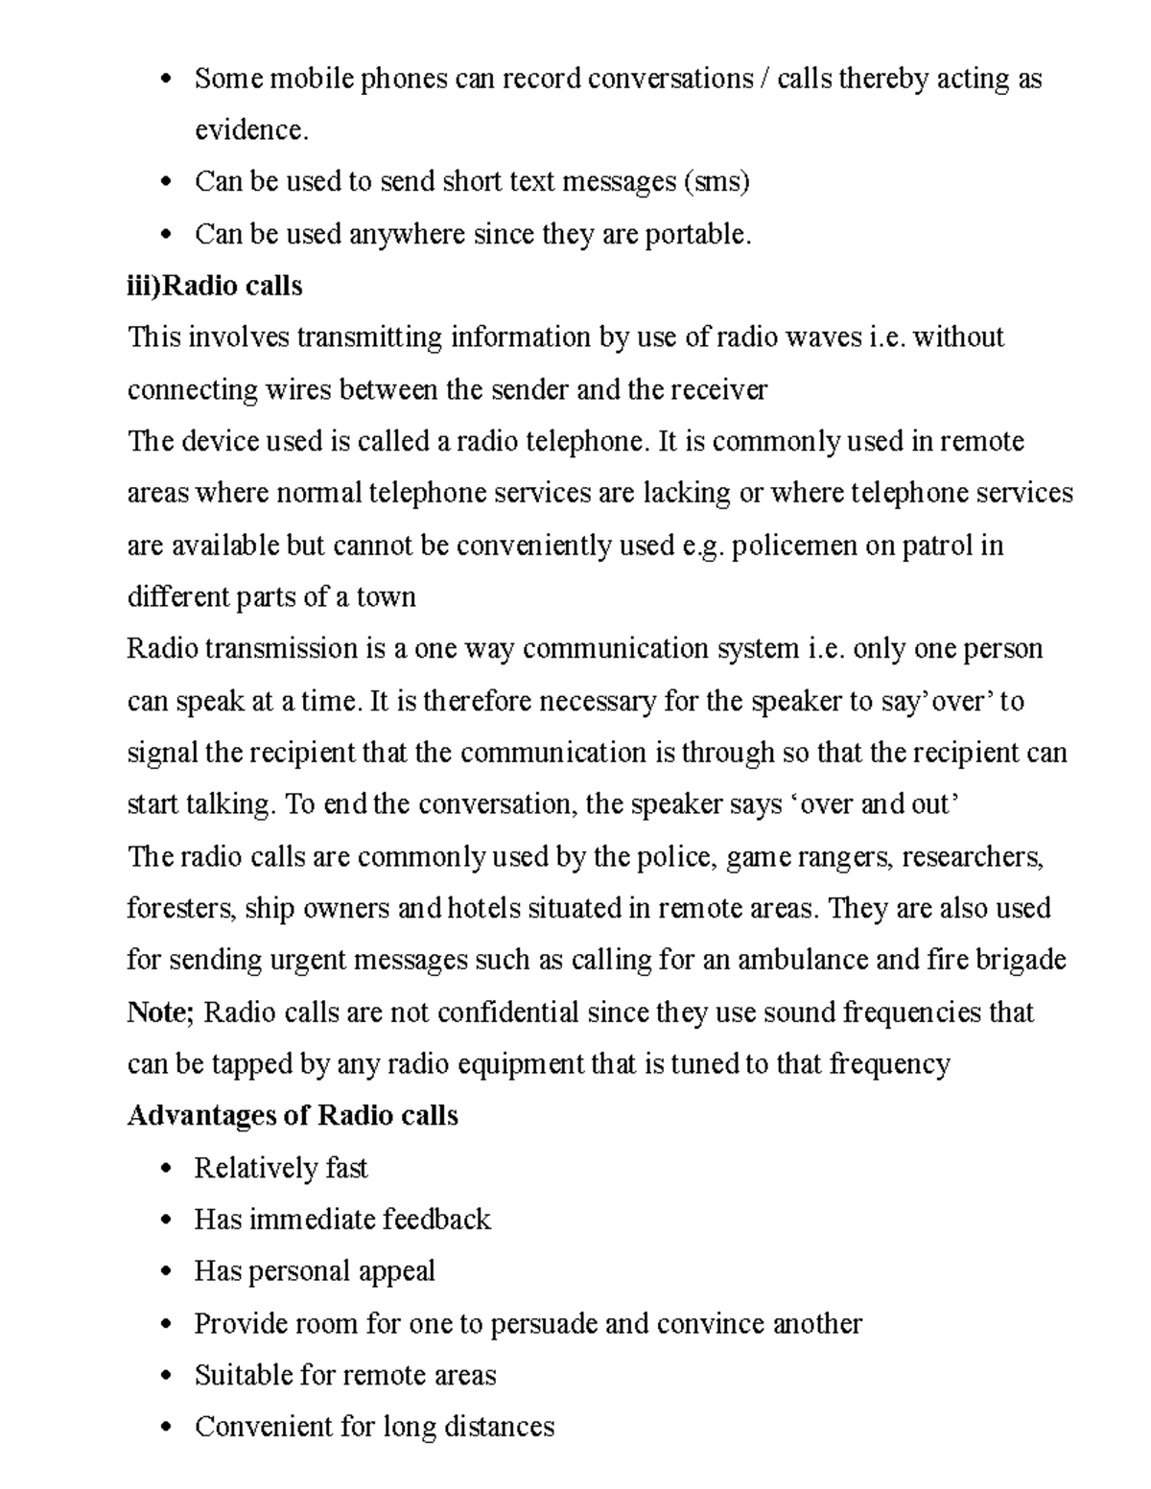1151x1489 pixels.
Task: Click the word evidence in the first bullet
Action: (250, 130)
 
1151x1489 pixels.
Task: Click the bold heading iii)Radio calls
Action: (215, 286)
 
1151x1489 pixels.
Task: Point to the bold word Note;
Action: (160, 1012)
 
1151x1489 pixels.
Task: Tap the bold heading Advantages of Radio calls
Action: (293, 1116)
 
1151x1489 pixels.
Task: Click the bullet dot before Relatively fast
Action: (168, 1169)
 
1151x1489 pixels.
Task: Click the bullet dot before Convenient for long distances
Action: (168, 1428)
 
